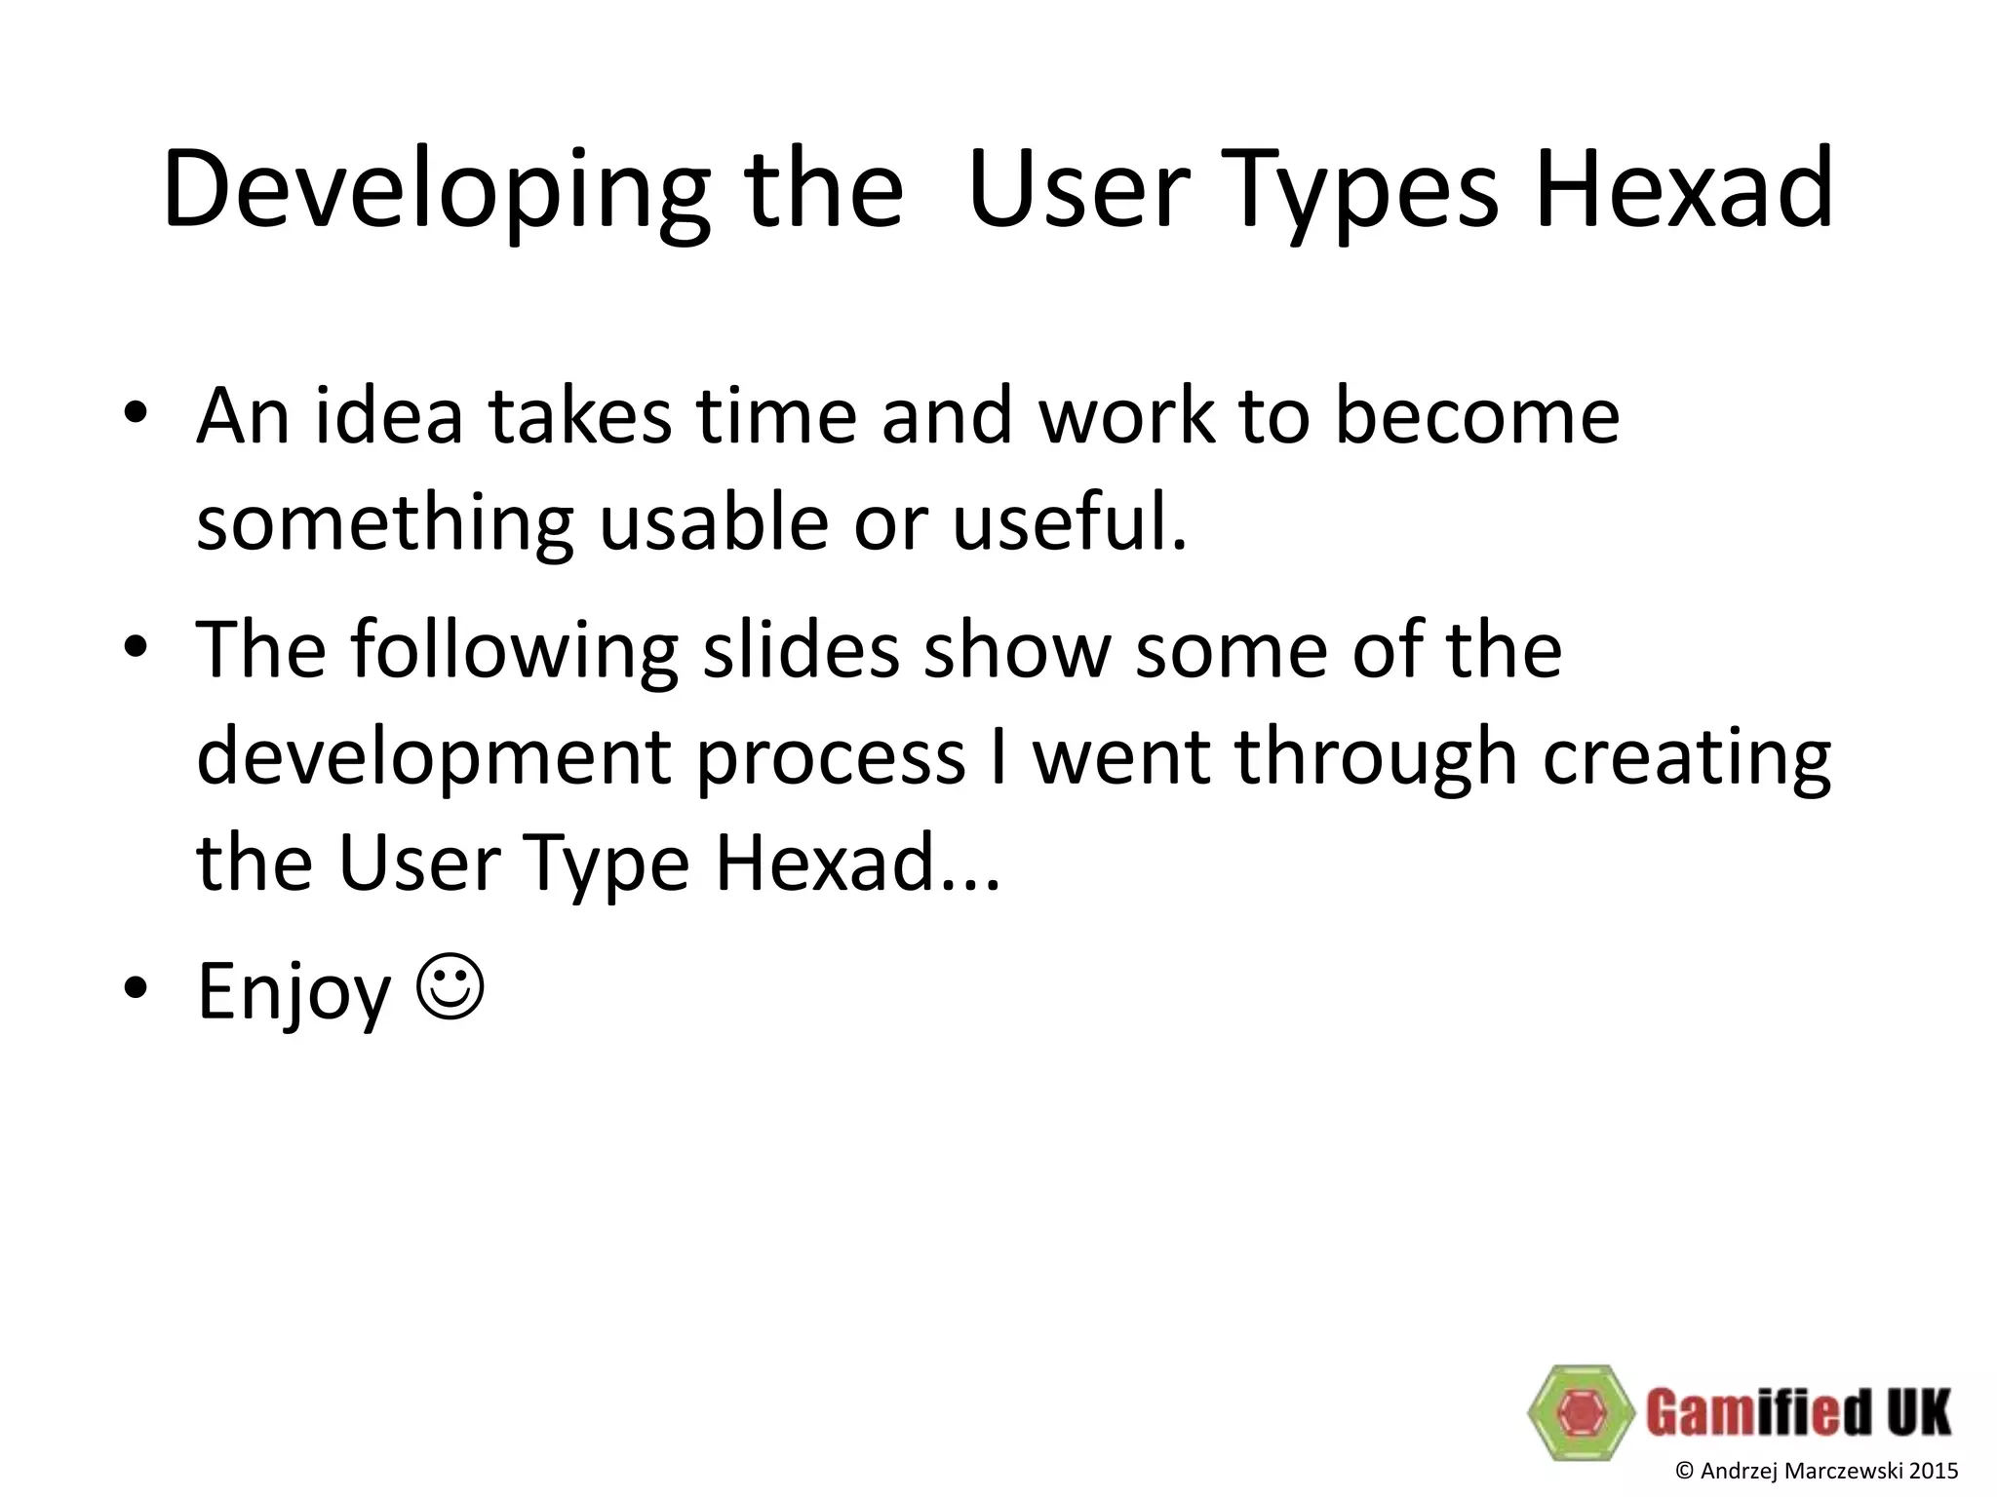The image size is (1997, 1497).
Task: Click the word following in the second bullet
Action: point(514,651)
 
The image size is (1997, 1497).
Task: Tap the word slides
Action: point(801,649)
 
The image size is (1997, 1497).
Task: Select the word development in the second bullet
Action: point(433,758)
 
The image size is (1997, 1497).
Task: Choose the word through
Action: point(1376,758)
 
